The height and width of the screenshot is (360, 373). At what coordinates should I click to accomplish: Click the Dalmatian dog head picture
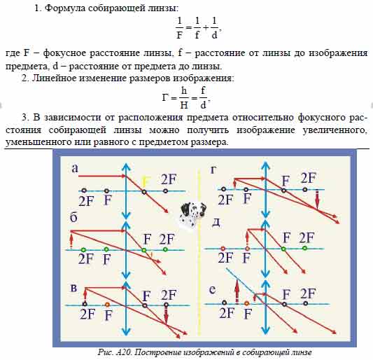point(192,214)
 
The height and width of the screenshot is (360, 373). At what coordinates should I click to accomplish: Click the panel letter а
point(75,168)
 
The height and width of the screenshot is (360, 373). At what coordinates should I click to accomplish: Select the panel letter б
point(73,217)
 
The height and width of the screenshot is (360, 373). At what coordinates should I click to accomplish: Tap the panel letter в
point(73,288)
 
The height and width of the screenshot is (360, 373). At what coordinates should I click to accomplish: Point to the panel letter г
point(214,169)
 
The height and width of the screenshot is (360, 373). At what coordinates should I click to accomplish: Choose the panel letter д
point(216,223)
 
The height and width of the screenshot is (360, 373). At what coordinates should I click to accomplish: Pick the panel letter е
point(212,289)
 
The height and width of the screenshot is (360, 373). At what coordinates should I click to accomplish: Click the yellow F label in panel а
point(146,182)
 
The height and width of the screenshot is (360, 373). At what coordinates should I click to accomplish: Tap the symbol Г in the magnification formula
point(166,97)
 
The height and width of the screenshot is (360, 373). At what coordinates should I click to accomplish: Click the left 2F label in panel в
point(87,314)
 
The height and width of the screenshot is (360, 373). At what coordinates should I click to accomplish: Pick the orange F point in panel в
point(107,304)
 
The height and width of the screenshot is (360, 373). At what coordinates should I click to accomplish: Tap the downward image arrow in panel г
point(317,200)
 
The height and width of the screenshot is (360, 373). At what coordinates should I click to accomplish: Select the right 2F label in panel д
point(307,237)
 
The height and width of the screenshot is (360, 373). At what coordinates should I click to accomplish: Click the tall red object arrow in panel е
point(237,291)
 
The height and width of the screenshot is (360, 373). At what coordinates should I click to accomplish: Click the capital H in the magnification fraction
point(184,105)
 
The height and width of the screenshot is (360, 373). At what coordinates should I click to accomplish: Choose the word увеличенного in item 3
point(335,130)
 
